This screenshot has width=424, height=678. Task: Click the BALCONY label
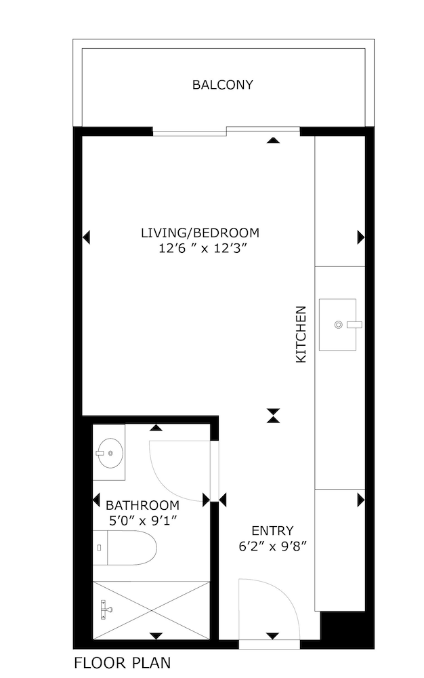coord(222,84)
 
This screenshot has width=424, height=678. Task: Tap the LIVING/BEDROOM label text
coord(200,233)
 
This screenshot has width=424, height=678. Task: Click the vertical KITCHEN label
coord(301,334)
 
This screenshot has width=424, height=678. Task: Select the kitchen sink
coord(338,324)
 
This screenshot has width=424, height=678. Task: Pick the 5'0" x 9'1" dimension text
coord(143,520)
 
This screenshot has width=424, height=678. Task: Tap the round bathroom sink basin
coord(110,453)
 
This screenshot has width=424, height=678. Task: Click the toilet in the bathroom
coord(125,547)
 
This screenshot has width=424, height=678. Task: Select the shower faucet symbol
coord(106,610)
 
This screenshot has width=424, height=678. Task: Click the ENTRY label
coord(272,531)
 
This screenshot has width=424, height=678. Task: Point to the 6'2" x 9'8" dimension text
coord(272,546)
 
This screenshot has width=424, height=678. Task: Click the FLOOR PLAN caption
coord(122,662)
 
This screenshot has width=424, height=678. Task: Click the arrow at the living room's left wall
coord(86,237)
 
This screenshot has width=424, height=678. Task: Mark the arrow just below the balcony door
coord(273,140)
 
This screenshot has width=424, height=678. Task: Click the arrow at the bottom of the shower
coord(156,636)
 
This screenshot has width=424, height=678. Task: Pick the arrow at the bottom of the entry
coord(272,636)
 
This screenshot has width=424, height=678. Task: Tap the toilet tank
coord(100,547)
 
